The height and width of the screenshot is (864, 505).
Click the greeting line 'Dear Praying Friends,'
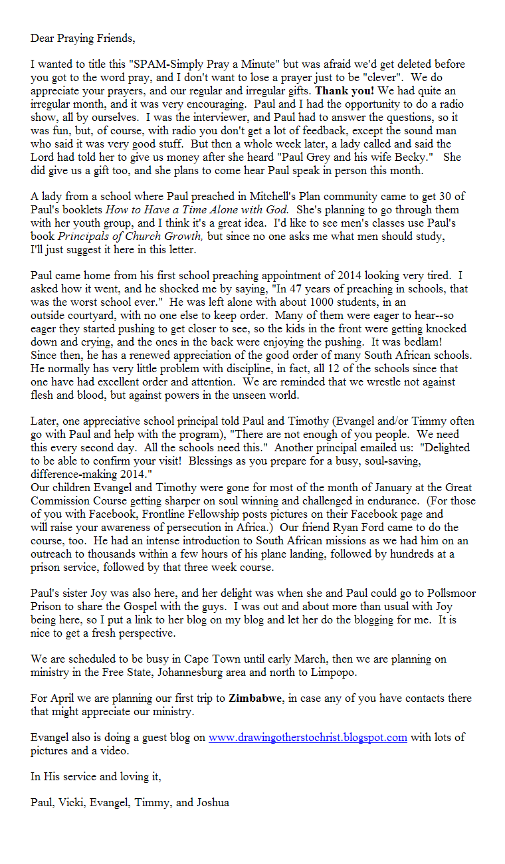coord(82,38)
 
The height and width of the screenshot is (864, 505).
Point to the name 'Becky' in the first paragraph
coord(423,158)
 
